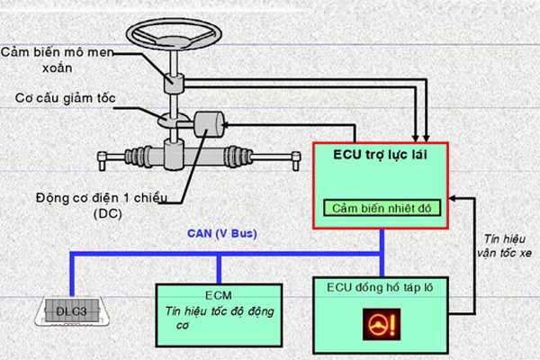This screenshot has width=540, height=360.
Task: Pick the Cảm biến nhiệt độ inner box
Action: (x=381, y=209)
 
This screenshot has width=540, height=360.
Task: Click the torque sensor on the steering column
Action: (x=173, y=82)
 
